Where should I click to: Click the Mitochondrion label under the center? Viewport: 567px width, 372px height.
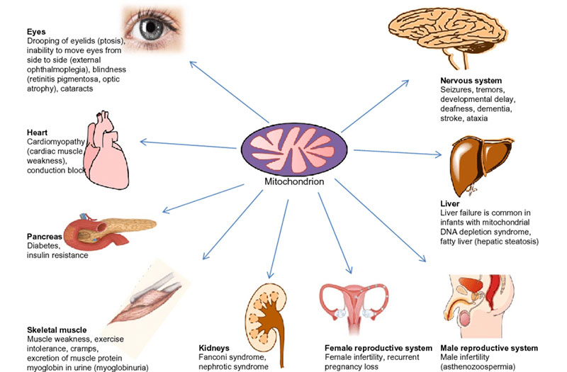(x=293, y=181)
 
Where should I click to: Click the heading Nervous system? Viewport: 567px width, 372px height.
(x=471, y=81)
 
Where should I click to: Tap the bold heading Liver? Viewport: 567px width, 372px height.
(x=449, y=204)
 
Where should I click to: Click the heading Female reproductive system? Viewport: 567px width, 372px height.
(x=378, y=349)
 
